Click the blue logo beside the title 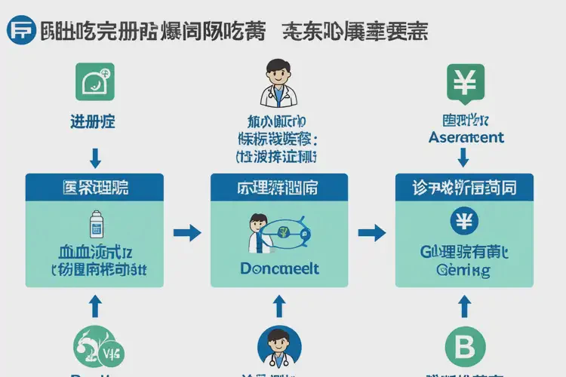coord(20,32)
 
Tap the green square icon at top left coord(94,81)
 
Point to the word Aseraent coord(466,138)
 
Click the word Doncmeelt coord(279,268)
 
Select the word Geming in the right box coord(463,271)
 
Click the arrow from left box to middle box coord(187,231)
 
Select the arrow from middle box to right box coord(371,231)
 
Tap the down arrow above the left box coord(95,157)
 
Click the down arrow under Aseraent coord(464,157)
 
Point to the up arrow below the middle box coord(279,305)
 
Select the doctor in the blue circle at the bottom coord(278,347)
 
